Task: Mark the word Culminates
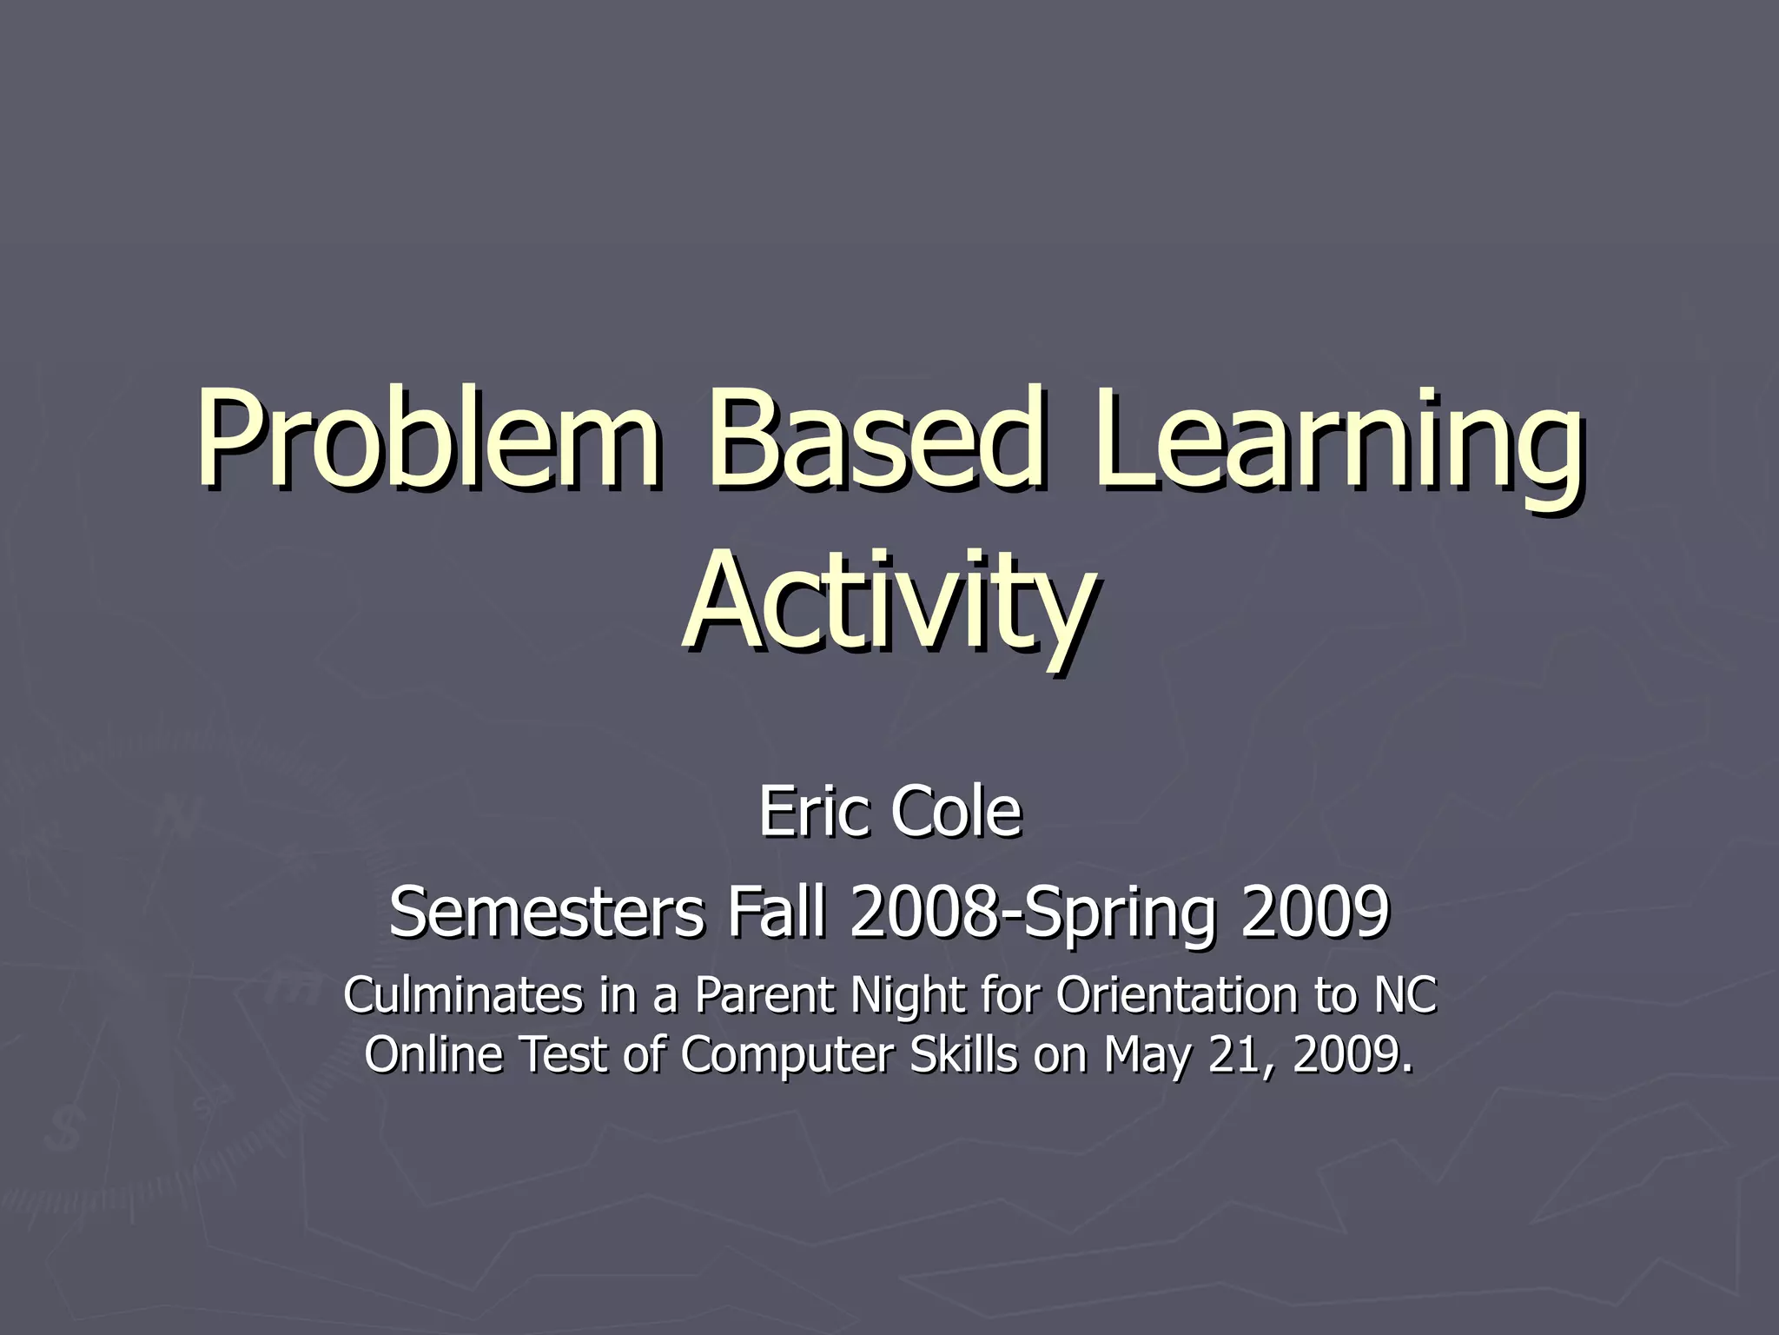click(x=463, y=994)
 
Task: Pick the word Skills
click(x=963, y=1054)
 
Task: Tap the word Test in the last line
click(x=564, y=1054)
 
